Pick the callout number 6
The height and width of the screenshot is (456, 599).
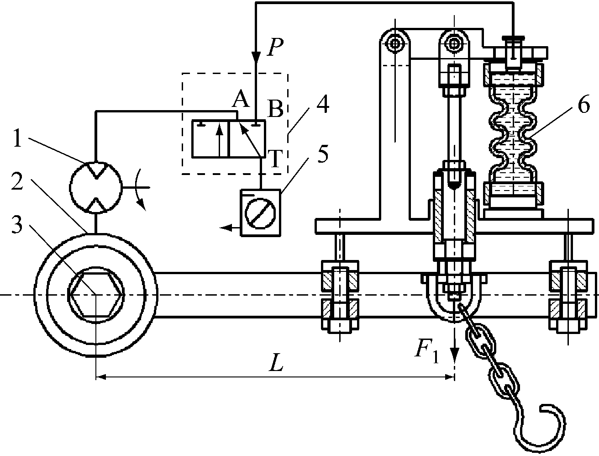[x=583, y=106]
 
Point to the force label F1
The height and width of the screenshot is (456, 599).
[x=427, y=351]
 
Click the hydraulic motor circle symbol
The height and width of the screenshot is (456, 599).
[x=95, y=188]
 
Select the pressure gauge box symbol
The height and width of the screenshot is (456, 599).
[x=260, y=212]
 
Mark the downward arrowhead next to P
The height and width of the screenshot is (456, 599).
[x=256, y=57]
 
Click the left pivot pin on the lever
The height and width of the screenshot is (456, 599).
[x=394, y=44]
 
